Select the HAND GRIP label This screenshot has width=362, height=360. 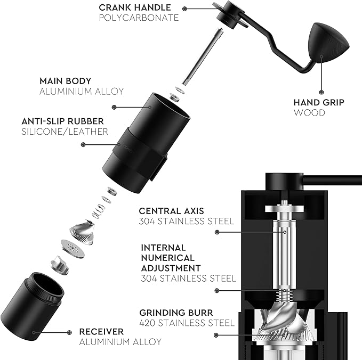coord(318,102)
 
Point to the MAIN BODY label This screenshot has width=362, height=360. coord(65,81)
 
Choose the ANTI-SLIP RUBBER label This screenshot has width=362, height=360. coord(63,121)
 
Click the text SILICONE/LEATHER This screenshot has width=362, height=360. coord(65,132)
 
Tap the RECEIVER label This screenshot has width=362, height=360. coord(101,331)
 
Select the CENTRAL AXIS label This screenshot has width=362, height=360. coord(171,211)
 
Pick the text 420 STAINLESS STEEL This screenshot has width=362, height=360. coord(187,323)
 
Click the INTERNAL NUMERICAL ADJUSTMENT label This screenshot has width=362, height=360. coord(171,258)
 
